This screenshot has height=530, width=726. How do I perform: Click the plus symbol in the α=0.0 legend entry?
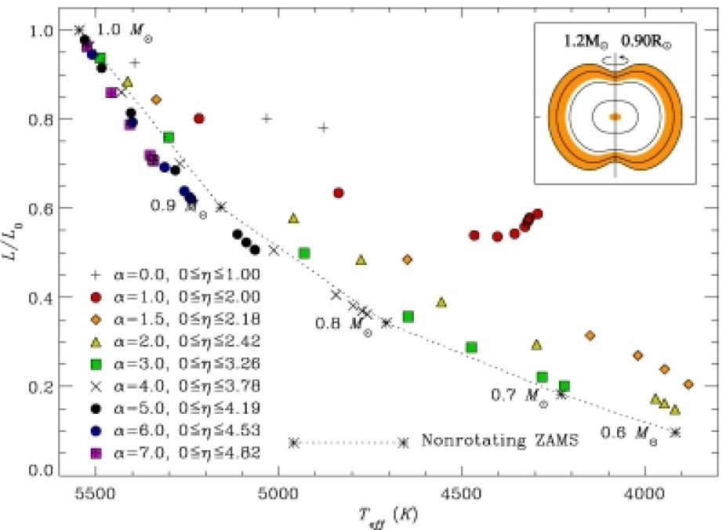(x=96, y=275)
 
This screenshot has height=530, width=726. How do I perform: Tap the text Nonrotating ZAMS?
(x=500, y=441)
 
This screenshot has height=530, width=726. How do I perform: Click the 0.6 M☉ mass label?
(x=630, y=432)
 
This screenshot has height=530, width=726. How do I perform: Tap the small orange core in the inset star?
(x=615, y=116)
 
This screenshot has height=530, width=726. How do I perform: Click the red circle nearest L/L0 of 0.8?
(x=199, y=118)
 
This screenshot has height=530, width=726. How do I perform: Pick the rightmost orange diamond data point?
(x=688, y=384)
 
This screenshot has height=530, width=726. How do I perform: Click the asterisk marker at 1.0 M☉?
(x=78, y=30)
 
